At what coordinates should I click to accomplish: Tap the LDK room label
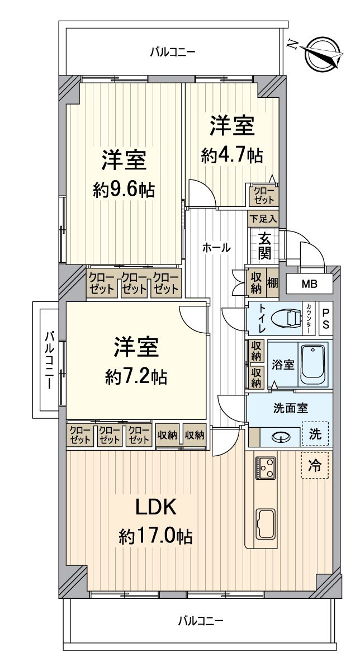click(x=156, y=508)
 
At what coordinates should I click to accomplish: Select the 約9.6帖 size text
click(x=124, y=190)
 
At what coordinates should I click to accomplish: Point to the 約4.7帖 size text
click(x=232, y=155)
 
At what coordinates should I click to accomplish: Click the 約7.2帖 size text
click(x=136, y=377)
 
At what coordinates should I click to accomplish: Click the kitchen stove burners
click(x=266, y=467)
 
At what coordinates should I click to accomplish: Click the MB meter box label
click(x=309, y=284)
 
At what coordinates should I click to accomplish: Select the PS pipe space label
click(x=326, y=319)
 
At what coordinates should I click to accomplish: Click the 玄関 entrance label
click(x=265, y=246)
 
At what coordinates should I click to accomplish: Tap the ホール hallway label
click(x=216, y=247)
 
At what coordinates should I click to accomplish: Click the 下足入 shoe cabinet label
click(x=263, y=218)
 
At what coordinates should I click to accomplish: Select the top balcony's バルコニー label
click(x=173, y=53)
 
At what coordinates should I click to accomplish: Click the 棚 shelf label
click(x=272, y=283)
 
